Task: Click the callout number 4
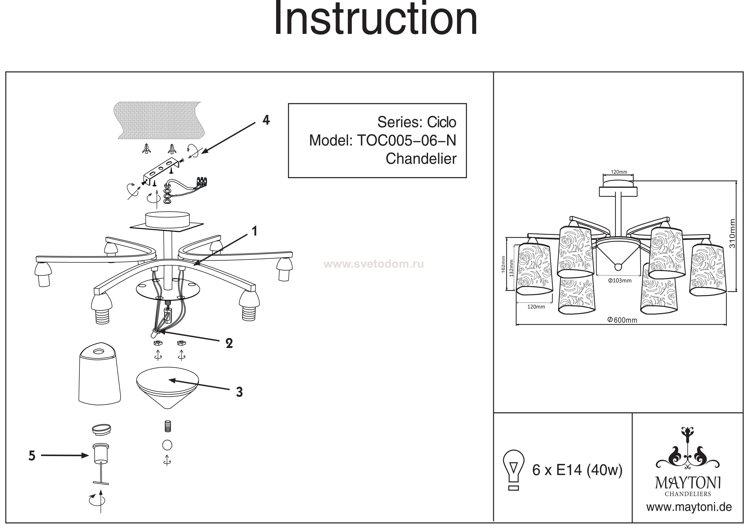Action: click(x=266, y=120)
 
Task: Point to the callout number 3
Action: click(x=239, y=392)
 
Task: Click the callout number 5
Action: click(x=32, y=456)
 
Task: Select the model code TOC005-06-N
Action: click(x=407, y=141)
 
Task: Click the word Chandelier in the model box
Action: click(x=421, y=159)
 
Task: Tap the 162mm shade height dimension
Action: click(x=503, y=264)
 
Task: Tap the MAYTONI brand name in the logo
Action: click(x=688, y=483)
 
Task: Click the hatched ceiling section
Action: click(x=160, y=120)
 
